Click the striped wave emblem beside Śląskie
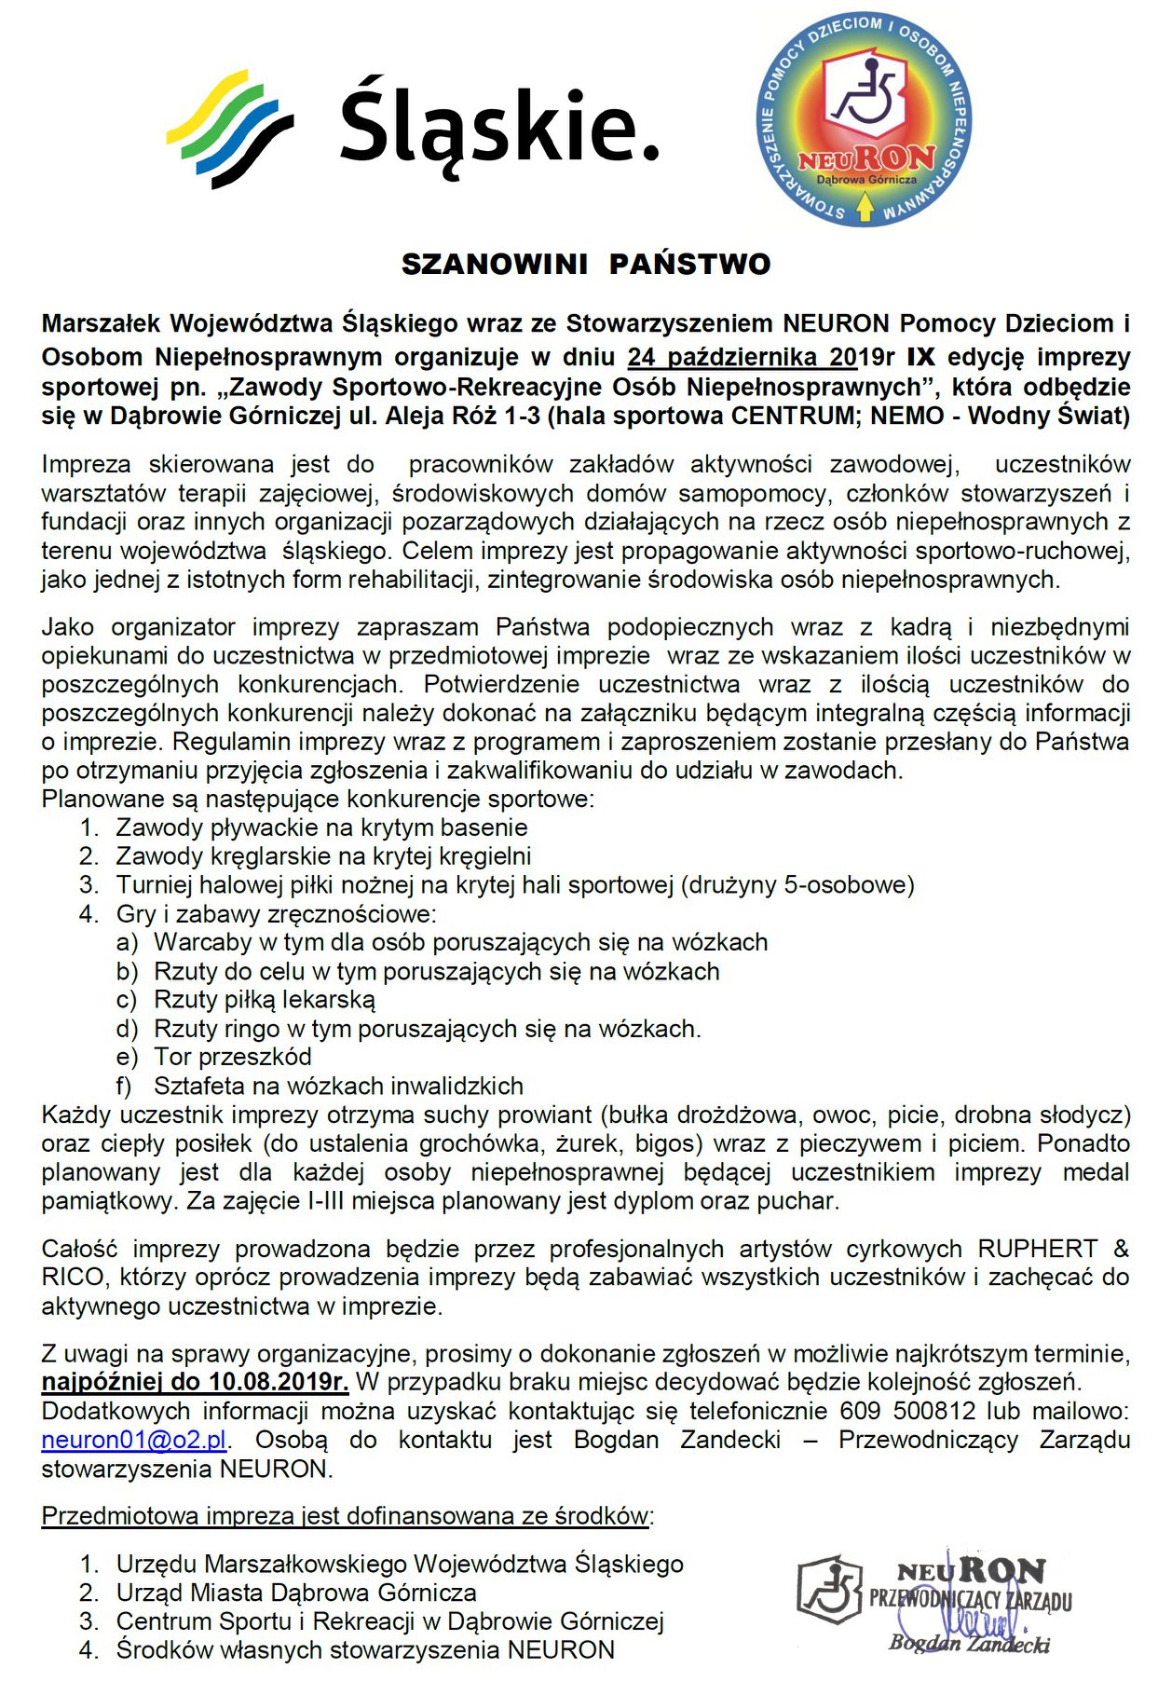[x=229, y=128]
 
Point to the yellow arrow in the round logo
[x=864, y=208]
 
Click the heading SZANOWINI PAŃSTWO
[x=586, y=265]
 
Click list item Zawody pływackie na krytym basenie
[x=321, y=827]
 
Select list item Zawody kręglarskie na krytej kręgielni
[x=323, y=855]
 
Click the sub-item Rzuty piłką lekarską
[x=265, y=1000]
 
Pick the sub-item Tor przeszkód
[x=233, y=1057]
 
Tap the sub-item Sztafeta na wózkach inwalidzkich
[x=338, y=1086]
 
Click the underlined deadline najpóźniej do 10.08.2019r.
[x=195, y=1381]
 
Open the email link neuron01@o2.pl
[x=134, y=1440]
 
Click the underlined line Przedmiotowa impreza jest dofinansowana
[x=345, y=1516]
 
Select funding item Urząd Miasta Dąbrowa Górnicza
[x=296, y=1593]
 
